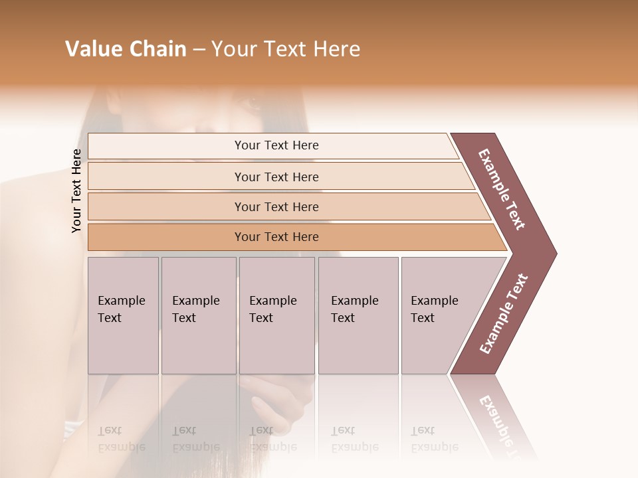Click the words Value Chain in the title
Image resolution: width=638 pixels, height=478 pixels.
(126, 49)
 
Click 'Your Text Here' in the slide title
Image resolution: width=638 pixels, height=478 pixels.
(285, 49)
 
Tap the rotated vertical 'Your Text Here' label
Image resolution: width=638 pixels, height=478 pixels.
(76, 191)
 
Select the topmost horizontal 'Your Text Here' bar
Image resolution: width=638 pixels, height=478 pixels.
(276, 145)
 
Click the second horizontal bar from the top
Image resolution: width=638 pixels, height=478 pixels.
(276, 177)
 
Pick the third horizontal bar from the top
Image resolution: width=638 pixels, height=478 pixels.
(276, 206)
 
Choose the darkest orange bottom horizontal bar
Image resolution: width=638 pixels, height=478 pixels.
(276, 237)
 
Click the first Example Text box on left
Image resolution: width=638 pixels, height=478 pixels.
(123, 315)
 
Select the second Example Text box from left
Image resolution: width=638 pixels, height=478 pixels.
(198, 315)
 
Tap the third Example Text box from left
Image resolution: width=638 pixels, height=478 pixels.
(276, 315)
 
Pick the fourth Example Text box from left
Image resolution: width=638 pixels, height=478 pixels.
(358, 315)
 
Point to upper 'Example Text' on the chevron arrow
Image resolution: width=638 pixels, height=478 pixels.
(502, 189)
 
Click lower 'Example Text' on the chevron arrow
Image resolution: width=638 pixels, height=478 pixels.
(504, 313)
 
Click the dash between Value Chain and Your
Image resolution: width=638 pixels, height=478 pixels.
(199, 50)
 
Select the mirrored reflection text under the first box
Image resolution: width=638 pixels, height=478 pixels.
(121, 439)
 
